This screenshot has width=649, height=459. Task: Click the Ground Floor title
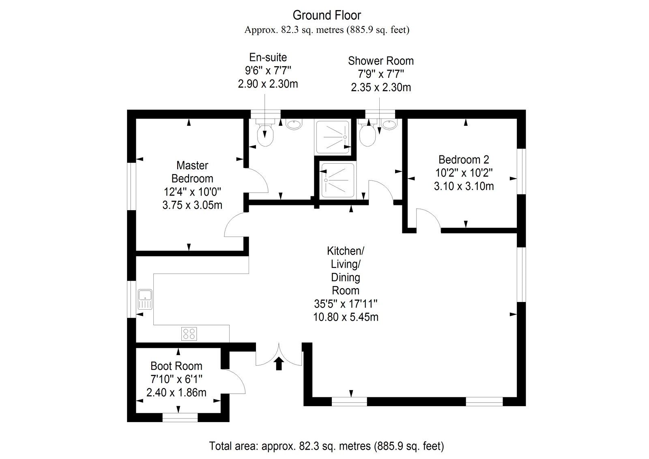pos(327,15)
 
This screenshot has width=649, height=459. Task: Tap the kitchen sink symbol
pos(144,299)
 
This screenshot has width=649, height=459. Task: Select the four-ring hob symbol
pos(189,334)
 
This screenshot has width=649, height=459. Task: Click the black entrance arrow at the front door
pos(279,364)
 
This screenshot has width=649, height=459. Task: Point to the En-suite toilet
pos(266,135)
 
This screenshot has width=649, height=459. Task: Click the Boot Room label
pos(176,366)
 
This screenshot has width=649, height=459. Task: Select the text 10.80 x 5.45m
pos(346,317)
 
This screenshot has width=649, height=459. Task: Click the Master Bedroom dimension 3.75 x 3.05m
pos(192,205)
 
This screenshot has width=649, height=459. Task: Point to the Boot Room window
pos(180,417)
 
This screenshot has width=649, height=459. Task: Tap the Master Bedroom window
pos(131,186)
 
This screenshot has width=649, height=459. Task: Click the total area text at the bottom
pos(327,446)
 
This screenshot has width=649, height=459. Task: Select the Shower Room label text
pos(380,61)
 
